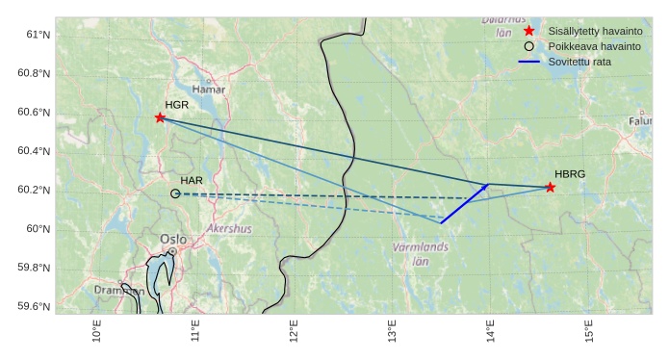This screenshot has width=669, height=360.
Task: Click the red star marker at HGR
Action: coord(160,117)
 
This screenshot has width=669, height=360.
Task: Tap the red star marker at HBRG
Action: coord(550,187)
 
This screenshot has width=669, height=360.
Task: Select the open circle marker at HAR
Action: coord(175,193)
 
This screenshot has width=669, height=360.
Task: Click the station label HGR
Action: coord(177,105)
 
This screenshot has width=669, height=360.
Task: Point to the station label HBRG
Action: coord(570,174)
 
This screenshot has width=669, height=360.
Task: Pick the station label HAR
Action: coord(192,181)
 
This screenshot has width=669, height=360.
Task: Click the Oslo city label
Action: coord(173,239)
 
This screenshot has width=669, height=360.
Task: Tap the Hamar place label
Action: coord(208,90)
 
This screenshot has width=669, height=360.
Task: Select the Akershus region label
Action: coord(229,229)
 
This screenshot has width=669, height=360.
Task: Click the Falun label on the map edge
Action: coord(640,121)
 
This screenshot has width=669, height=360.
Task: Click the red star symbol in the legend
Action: coord(528,32)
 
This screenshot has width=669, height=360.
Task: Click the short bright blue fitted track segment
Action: coord(465,203)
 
